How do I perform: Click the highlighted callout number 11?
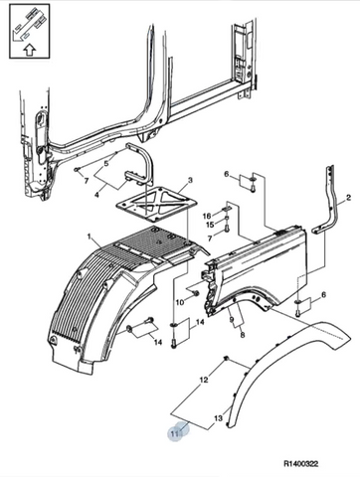[175, 432]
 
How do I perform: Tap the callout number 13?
[218, 418]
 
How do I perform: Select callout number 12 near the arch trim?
[204, 380]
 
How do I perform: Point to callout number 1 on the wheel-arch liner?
[89, 237]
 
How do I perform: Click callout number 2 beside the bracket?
[348, 198]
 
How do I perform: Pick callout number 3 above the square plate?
[190, 180]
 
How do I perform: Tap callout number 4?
[96, 195]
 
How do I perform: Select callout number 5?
[106, 163]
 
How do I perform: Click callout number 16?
[207, 217]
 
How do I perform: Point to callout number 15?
[210, 225]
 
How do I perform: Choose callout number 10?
[179, 302]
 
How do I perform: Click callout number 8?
[243, 335]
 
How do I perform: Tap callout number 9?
[232, 320]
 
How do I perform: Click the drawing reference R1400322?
[300, 464]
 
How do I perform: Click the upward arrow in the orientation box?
[30, 50]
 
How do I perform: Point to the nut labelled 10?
[196, 292]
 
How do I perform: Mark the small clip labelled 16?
[226, 210]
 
